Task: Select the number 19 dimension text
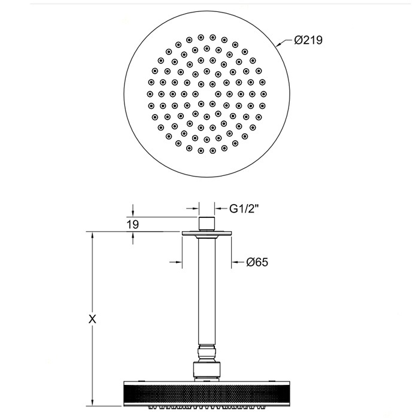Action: pos(133,224)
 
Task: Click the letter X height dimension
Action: pos(92,319)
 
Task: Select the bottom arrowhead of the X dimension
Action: pos(92,402)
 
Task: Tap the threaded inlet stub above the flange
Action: pos(207,224)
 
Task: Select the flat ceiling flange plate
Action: pos(207,235)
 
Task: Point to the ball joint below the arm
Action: pos(207,354)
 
